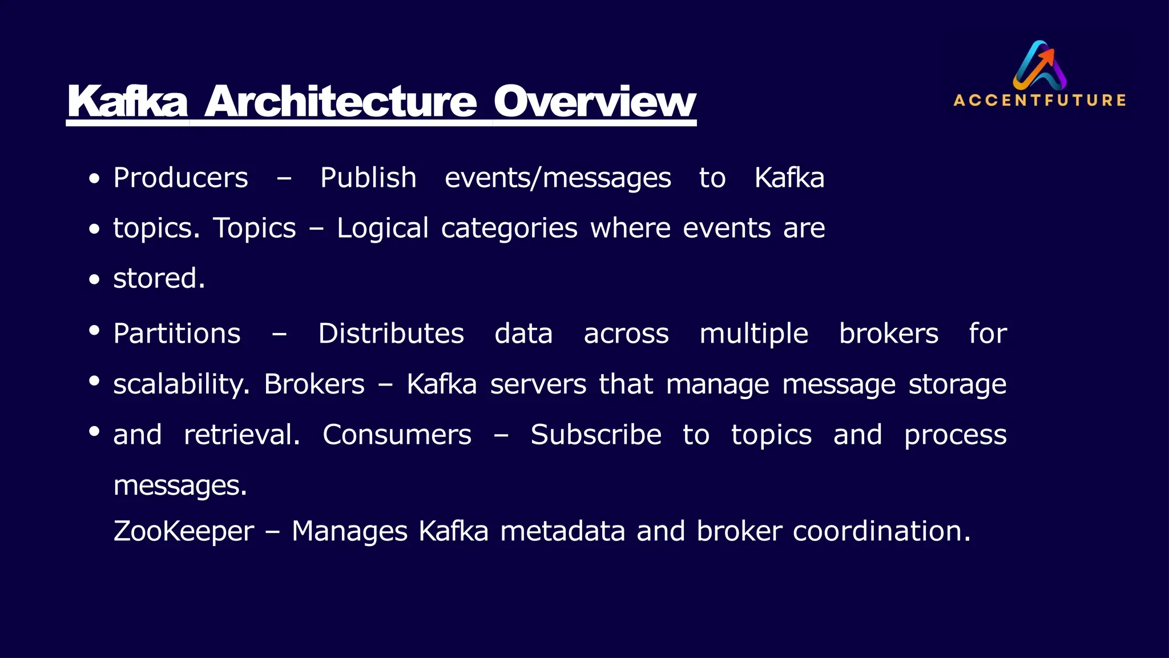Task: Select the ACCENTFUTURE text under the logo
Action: click(x=1039, y=101)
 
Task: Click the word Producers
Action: click(x=180, y=178)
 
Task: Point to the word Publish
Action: click(x=368, y=178)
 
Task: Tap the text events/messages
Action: click(x=558, y=178)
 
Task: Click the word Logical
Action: click(x=382, y=228)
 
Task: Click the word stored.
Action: click(x=159, y=279)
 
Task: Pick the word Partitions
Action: click(x=177, y=334)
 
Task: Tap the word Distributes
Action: click(x=391, y=334)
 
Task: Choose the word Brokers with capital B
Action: click(x=314, y=384)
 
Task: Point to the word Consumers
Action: click(x=397, y=435)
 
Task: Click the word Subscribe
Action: click(x=596, y=435)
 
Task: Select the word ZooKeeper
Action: click(x=183, y=532)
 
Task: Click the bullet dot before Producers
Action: click(x=95, y=179)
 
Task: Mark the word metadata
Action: click(x=563, y=532)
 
